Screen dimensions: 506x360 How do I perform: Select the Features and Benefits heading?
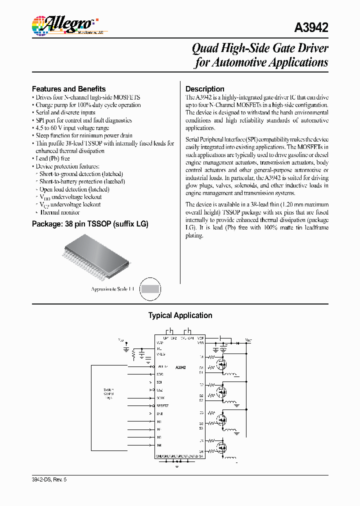point(68,88)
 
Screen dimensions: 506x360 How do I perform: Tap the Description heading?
point(204,88)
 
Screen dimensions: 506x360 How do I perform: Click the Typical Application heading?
point(180,315)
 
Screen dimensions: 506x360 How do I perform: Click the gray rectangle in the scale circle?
point(150,288)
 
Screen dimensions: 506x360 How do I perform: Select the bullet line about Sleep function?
point(83,135)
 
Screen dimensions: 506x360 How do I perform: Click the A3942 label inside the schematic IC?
point(180,367)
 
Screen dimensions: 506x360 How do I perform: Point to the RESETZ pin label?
point(163,405)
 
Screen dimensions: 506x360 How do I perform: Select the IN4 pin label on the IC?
point(159,445)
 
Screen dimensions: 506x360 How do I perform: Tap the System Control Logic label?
point(108,393)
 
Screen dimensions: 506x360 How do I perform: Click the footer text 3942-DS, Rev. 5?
point(49,479)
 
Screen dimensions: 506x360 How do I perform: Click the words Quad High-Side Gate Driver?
point(260,48)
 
